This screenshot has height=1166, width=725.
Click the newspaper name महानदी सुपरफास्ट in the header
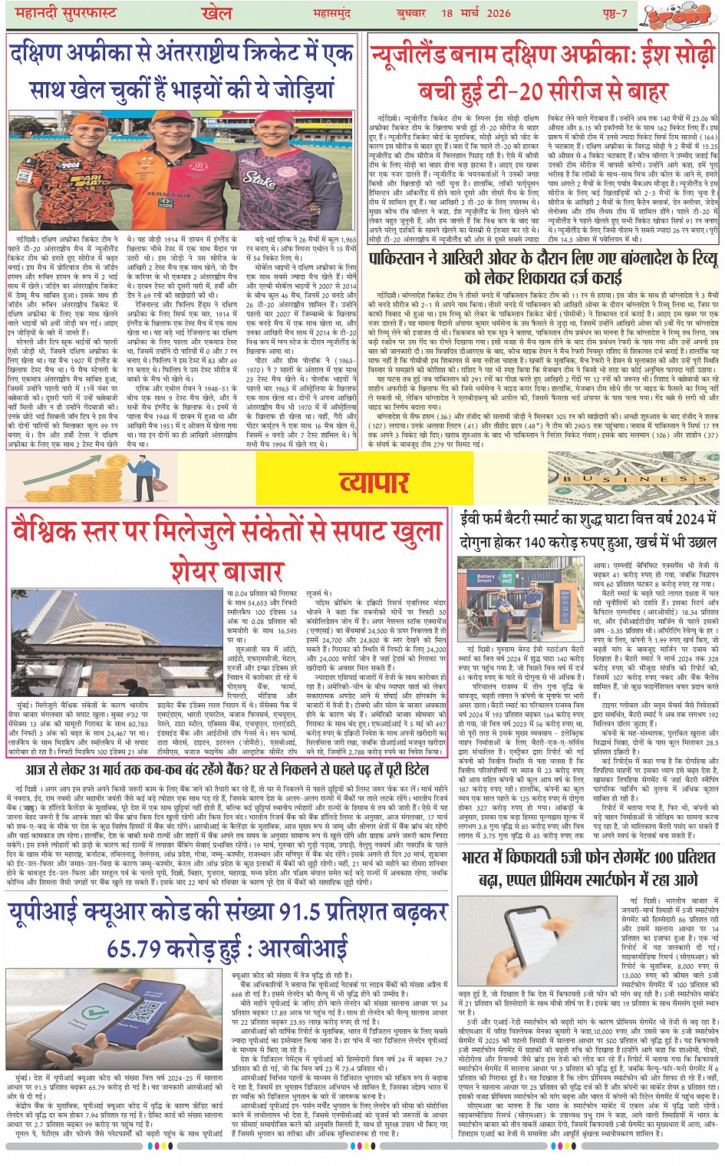(x=61, y=13)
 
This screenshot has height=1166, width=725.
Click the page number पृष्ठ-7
(x=613, y=13)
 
